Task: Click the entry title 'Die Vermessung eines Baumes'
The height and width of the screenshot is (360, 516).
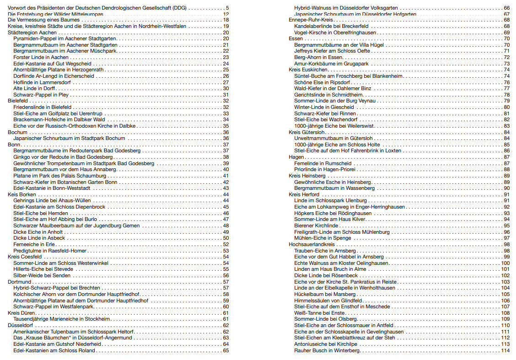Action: pyautogui.click(x=41, y=21)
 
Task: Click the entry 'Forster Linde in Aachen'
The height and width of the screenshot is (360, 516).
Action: pyautogui.click(x=41, y=57)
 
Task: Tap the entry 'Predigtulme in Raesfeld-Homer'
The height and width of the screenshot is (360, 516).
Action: pyautogui.click(x=50, y=251)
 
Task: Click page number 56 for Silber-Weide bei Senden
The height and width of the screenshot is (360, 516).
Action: pyautogui.click(x=226, y=275)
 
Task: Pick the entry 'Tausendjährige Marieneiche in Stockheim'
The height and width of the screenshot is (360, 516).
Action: pyautogui.click(x=62, y=319)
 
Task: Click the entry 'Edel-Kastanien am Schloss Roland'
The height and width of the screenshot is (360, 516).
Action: pyautogui.click(x=54, y=350)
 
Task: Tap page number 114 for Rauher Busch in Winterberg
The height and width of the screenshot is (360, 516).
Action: pyautogui.click(x=505, y=350)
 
